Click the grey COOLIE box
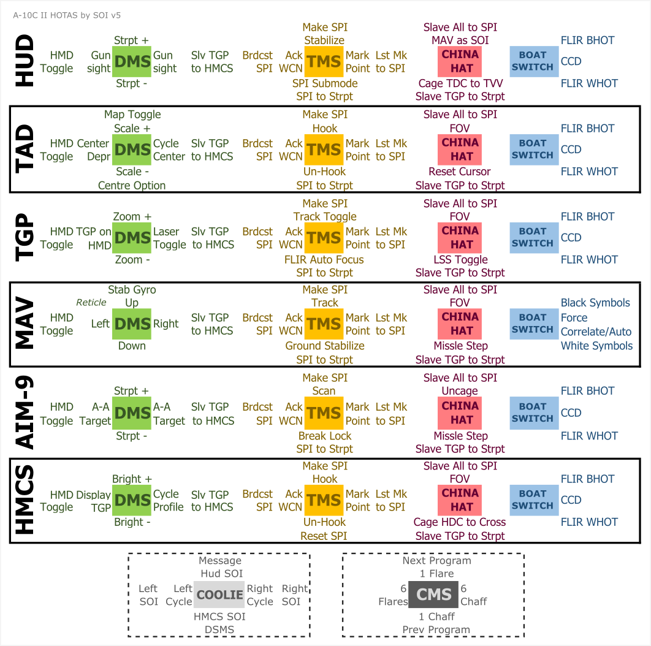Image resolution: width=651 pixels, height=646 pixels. pos(219,595)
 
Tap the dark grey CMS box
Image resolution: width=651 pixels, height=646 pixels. pos(434,594)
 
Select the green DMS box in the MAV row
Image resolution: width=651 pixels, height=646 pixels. pos(132,324)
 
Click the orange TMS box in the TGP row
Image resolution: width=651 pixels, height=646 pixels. pos(324,238)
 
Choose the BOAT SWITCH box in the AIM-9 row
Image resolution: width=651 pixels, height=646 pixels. pos(533,412)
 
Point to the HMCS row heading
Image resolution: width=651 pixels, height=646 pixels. pos(25,500)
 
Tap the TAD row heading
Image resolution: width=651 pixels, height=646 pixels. pos(25,150)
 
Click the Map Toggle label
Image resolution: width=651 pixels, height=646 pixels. pos(132,115)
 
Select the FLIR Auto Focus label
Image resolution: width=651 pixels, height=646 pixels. pos(324,260)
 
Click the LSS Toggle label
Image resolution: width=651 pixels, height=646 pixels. pos(460,260)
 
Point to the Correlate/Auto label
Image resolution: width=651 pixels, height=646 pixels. pos(596,332)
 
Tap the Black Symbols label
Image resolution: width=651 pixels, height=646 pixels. pos(595,303)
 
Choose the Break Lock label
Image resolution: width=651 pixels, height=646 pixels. pos(325,436)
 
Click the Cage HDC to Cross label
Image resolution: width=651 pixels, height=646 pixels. pos(460,522)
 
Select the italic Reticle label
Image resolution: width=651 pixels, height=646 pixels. pos(91,302)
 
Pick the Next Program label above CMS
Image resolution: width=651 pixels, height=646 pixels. pos(436,561)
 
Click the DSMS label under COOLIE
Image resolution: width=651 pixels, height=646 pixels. pos(220,629)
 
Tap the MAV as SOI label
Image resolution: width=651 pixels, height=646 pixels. pos(460,40)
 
